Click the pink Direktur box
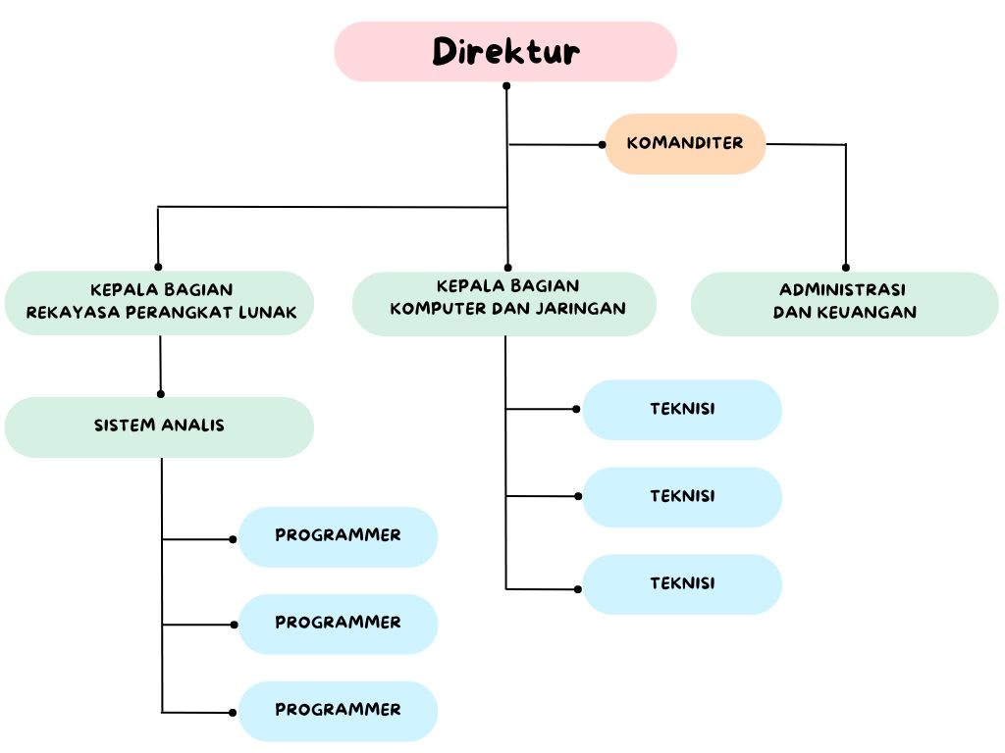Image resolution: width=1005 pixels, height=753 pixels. pos(505,51)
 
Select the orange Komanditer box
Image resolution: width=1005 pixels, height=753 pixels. pos(684,143)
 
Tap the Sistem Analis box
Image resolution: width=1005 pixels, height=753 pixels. pos(159,427)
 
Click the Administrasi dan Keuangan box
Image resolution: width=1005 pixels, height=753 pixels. pos(844,303)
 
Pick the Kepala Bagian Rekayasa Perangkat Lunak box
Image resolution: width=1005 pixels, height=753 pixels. pos(159,303)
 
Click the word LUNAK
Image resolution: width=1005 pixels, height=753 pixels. pos(274,313)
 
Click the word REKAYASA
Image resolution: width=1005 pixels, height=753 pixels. pos(63,313)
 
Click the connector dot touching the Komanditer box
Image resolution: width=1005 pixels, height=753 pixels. pos(603,145)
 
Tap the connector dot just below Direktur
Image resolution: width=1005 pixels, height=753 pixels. pos(506,86)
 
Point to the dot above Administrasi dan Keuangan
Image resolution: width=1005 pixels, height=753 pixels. pos(846,267)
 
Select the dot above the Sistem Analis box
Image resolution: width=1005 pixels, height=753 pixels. pos(161,394)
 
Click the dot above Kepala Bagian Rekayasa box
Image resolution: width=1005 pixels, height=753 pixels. pos(158,267)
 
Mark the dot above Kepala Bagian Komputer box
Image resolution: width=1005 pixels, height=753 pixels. pos(507,267)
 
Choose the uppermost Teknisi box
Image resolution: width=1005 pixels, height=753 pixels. pos(682,409)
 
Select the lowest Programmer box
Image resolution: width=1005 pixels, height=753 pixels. pos(338,710)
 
